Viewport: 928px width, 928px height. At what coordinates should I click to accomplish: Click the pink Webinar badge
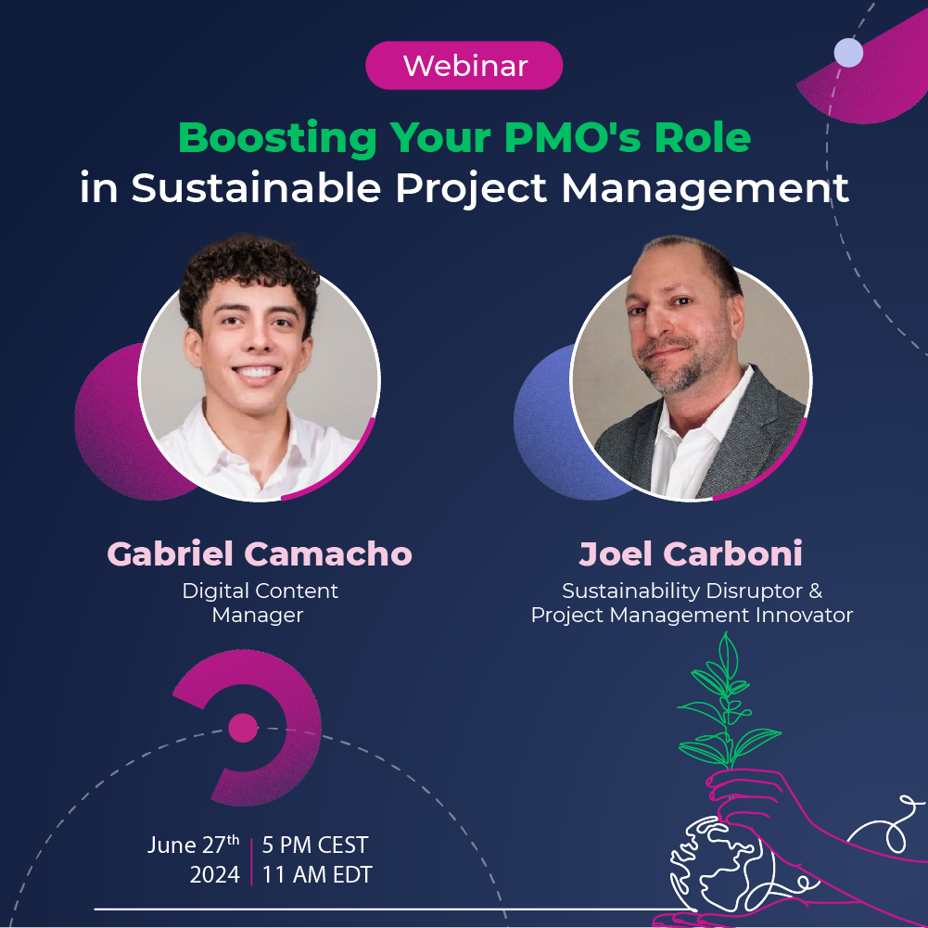(464, 66)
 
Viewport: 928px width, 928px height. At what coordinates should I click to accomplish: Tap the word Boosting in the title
(277, 138)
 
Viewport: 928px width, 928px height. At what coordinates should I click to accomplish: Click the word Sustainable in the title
(256, 187)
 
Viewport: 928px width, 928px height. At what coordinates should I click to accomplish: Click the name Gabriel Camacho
(259, 553)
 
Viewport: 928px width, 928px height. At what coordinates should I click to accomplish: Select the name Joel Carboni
(691, 553)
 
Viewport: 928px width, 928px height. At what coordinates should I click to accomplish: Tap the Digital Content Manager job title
(260, 602)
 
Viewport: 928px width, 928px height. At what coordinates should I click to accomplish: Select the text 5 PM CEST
(315, 845)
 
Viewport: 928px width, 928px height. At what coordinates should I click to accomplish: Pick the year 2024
(214, 874)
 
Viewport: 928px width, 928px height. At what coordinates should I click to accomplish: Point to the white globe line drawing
(709, 867)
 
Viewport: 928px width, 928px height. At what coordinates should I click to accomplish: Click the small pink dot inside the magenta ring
(243, 728)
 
